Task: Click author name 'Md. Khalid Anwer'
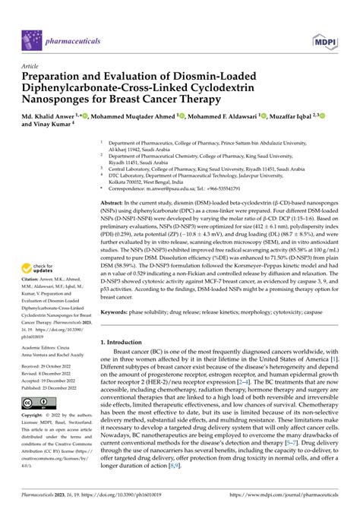click(x=53, y=115)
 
